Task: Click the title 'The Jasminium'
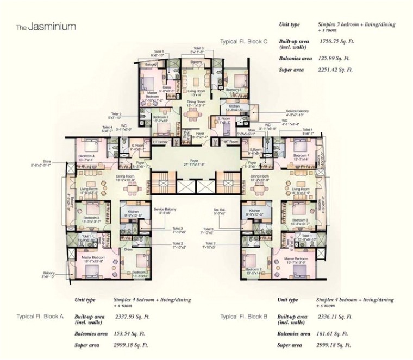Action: [46, 26]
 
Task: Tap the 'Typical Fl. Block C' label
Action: [245, 41]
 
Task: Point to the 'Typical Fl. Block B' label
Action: [244, 316]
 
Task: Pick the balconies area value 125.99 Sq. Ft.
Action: [334, 58]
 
